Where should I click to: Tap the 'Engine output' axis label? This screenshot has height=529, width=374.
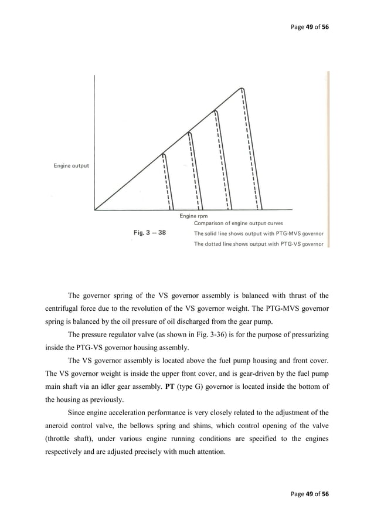[72, 166]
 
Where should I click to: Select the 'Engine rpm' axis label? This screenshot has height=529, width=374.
[193, 216]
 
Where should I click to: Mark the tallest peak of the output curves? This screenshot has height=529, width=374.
[242, 89]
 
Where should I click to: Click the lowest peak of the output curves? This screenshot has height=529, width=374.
[164, 153]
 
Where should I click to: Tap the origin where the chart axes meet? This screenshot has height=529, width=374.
[94, 209]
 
